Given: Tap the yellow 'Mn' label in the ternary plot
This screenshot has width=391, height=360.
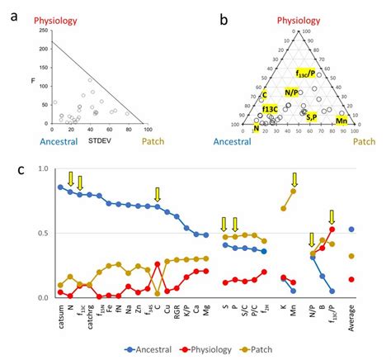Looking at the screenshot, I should click(x=341, y=121).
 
